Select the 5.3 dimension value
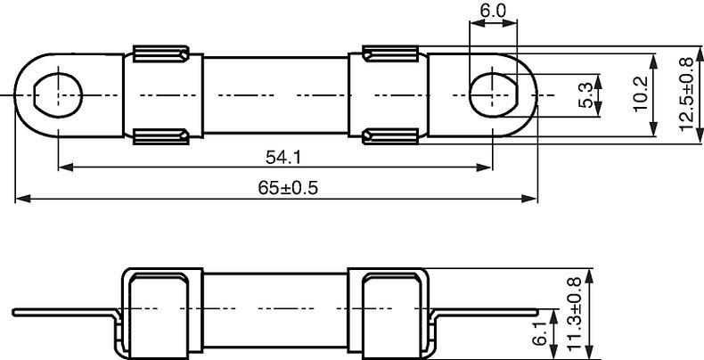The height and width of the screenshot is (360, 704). pos(585,94)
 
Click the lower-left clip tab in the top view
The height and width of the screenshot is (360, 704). pos(160,135)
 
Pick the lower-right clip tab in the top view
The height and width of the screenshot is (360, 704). pos(390,135)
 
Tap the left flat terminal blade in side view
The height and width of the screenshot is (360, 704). pos(62,313)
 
